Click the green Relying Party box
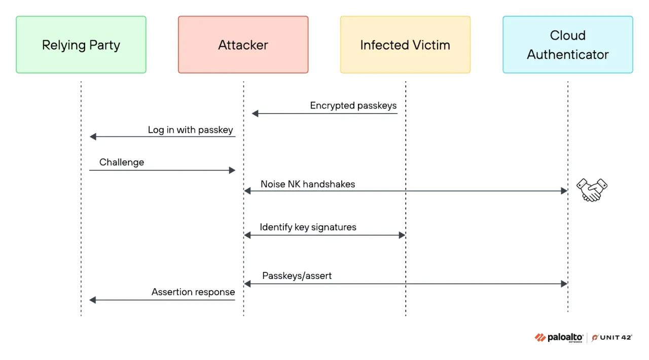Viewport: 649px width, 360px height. [x=81, y=45]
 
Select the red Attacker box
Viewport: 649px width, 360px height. [x=243, y=45]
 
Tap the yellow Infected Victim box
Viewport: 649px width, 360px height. [x=405, y=45]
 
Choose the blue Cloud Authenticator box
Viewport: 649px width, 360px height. [x=568, y=45]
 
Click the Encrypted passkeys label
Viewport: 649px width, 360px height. [x=353, y=106]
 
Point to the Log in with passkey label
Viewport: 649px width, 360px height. [x=190, y=130]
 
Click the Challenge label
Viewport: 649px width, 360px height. [x=122, y=162]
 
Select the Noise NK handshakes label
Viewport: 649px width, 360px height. [x=308, y=185]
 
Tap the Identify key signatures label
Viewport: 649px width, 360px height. [x=308, y=227]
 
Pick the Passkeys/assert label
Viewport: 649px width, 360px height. [x=297, y=276]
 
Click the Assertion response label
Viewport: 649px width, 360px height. [x=193, y=292]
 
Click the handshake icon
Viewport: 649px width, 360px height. [x=592, y=190]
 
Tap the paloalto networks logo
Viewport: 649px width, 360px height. [x=559, y=338]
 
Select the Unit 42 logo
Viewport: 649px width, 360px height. [x=612, y=338]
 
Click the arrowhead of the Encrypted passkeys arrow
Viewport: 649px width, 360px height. [x=255, y=114]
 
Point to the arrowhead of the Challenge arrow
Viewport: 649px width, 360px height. [x=232, y=170]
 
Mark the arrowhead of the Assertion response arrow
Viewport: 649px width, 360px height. [x=93, y=300]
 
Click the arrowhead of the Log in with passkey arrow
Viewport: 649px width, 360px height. [x=93, y=137]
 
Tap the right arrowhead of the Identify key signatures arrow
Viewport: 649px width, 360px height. [x=402, y=235]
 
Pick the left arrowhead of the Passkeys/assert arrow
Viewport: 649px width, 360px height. [x=247, y=284]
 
